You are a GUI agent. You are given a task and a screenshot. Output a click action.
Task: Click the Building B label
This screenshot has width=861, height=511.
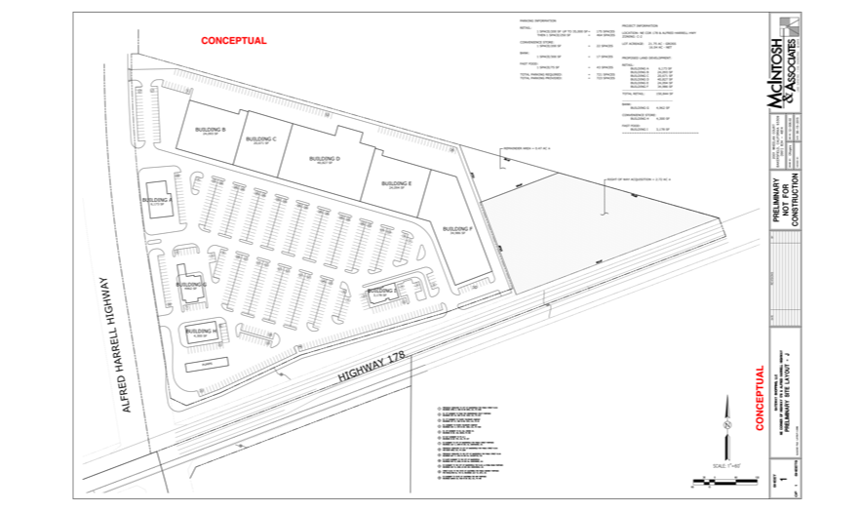pyautogui.click(x=211, y=130)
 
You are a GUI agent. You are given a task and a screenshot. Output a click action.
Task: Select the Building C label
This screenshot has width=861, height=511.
pyautogui.click(x=261, y=139)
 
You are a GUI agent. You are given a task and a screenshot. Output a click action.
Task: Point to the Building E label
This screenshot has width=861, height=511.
pyautogui.click(x=396, y=182)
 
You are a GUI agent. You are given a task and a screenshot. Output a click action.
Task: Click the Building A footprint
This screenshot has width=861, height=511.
pyautogui.click(x=158, y=202)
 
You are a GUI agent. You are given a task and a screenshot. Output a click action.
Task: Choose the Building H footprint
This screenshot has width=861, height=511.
pyautogui.click(x=202, y=332)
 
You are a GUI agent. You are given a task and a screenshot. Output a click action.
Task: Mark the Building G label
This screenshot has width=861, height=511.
pyautogui.click(x=192, y=283)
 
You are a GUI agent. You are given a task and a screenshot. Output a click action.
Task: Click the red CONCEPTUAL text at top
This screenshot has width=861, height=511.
pyautogui.click(x=233, y=41)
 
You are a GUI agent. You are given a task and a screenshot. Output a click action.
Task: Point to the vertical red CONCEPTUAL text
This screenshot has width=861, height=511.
pyautogui.click(x=760, y=397)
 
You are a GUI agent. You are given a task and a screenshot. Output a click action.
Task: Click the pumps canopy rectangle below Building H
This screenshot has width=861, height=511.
pyautogui.click(x=206, y=363)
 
